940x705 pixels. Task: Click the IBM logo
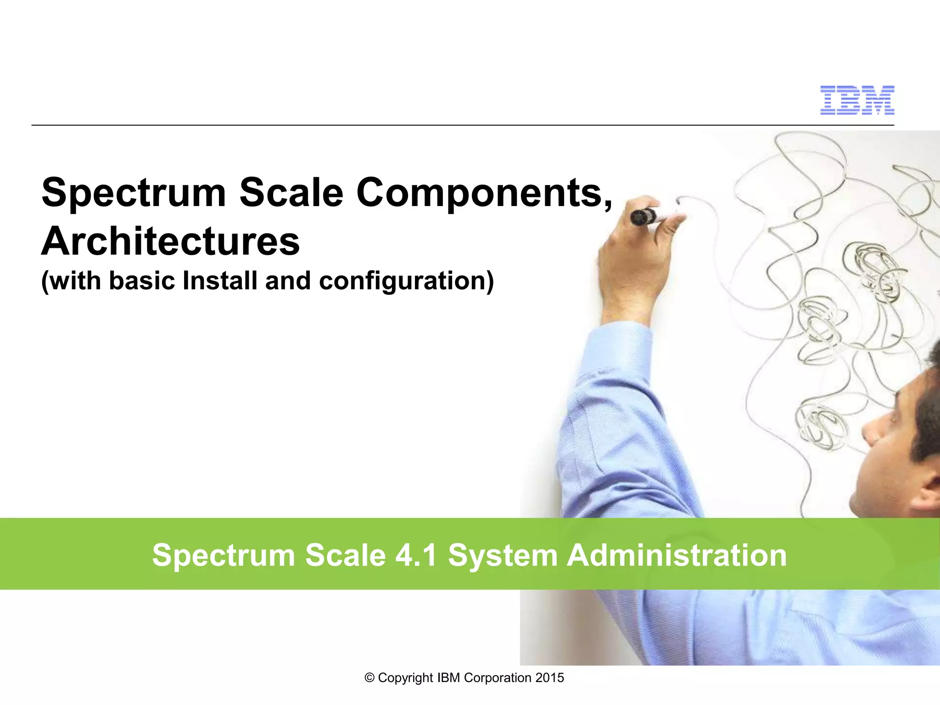point(857,100)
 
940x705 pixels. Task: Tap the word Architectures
point(170,241)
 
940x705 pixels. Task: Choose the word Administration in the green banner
point(677,555)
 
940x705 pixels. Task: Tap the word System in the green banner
point(503,556)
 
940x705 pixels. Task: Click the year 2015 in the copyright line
point(550,678)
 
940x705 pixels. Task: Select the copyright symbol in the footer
point(369,678)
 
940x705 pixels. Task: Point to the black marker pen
point(643,216)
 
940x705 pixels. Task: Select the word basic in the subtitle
point(142,281)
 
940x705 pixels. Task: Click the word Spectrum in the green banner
point(224,556)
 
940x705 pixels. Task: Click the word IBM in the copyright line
point(448,678)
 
